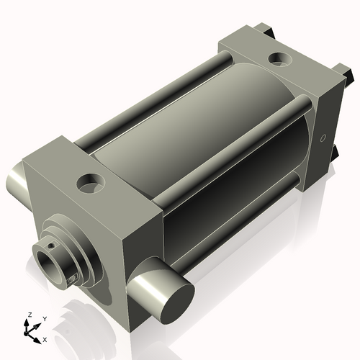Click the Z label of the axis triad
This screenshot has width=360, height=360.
[x=30, y=315]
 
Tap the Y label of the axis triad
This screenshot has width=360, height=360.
[x=45, y=319]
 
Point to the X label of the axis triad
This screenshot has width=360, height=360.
[x=45, y=340]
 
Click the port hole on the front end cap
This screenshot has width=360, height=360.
[x=91, y=184]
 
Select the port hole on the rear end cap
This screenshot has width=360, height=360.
[x=280, y=58]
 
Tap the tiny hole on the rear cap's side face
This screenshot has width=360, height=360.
[x=323, y=138]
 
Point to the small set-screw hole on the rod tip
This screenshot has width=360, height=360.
[x=50, y=246]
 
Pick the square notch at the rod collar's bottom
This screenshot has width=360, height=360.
[x=72, y=279]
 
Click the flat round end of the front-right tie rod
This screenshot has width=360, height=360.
[x=178, y=305]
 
